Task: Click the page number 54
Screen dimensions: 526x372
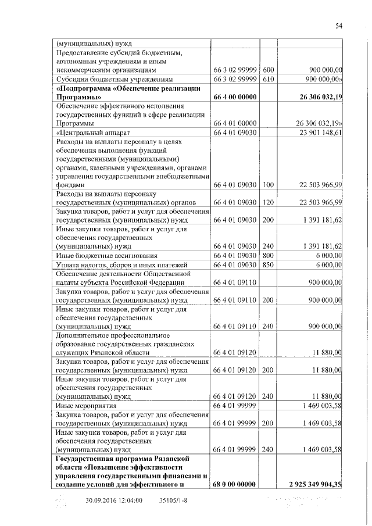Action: coord(339,26)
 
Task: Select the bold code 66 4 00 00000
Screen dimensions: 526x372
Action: coord(235,97)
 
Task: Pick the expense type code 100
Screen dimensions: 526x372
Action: coord(267,185)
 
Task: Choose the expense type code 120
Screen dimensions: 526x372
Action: coord(267,202)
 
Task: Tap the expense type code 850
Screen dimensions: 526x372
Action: coord(267,265)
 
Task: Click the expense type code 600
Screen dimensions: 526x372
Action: coord(267,70)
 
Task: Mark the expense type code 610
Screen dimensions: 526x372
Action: coord(267,79)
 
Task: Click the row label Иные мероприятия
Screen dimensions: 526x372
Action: coord(85,405)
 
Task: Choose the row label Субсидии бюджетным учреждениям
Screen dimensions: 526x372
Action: coord(114,79)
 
